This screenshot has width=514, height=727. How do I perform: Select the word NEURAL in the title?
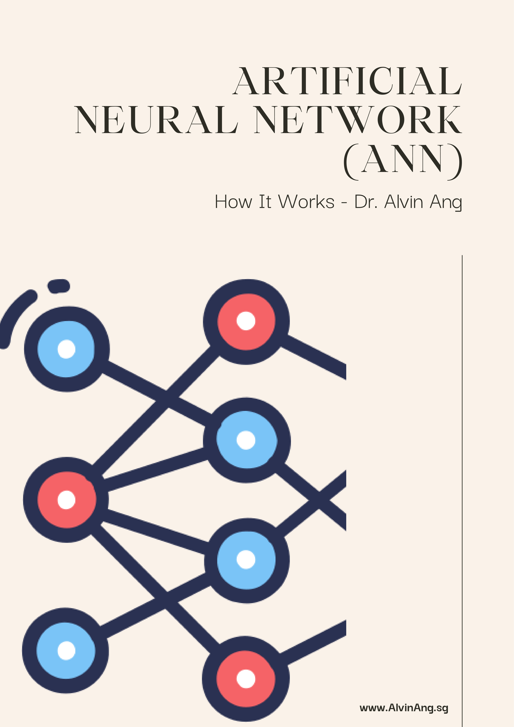click(156, 120)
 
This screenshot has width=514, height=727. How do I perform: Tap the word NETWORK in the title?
click(358, 120)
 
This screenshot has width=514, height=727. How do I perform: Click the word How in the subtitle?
click(233, 202)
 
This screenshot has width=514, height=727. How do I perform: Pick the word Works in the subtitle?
click(306, 202)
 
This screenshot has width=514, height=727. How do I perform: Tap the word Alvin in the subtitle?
click(404, 202)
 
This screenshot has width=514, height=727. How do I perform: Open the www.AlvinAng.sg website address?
click(404, 708)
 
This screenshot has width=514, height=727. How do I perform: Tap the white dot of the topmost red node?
click(246, 321)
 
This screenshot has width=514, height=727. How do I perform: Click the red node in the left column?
click(66, 500)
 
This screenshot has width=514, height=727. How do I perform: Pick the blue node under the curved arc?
click(66, 349)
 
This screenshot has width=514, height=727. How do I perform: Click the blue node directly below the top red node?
click(246, 440)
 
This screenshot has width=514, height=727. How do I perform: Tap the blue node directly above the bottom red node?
click(246, 560)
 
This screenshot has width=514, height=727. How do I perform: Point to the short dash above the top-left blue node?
click(59, 286)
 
